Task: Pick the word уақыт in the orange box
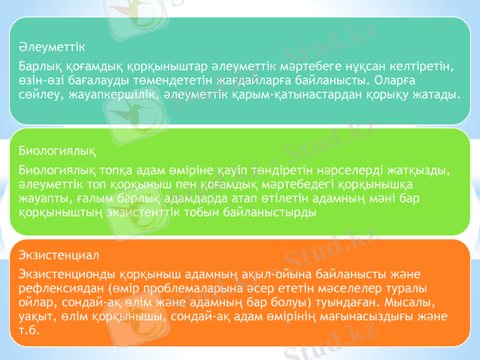pos(33,316)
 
